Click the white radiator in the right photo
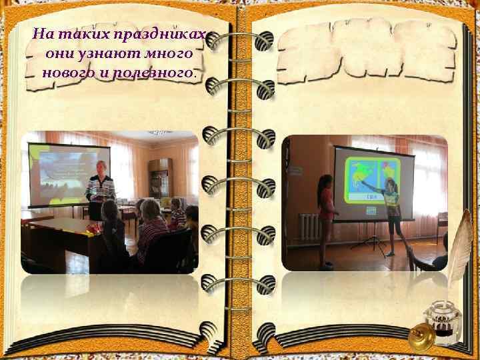click(309, 227)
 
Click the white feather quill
click(459, 254)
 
